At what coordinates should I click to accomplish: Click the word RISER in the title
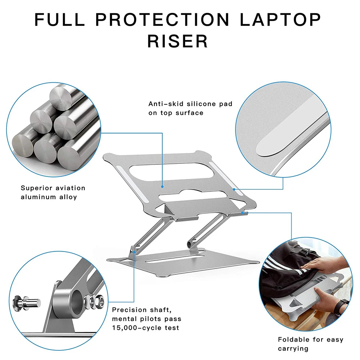178,41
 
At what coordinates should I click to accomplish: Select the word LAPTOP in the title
280,19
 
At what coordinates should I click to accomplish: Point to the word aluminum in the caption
38,197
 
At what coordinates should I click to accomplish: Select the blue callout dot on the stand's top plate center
162,187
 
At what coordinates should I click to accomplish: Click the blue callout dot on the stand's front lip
243,213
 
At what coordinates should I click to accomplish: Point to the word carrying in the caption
293,348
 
